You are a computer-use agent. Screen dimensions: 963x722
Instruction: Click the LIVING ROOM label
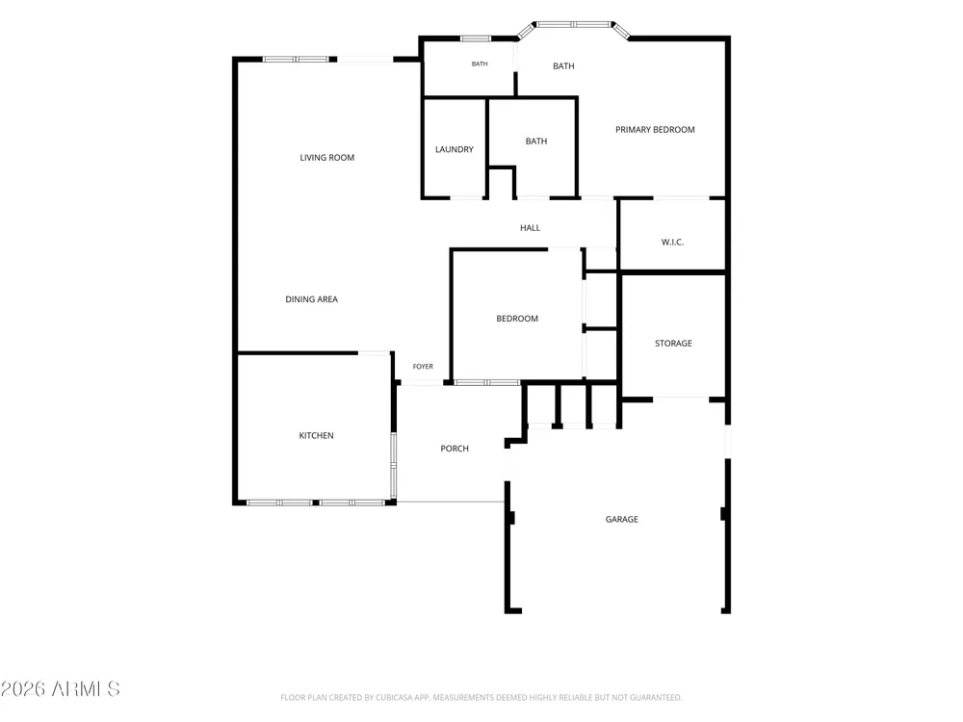326,158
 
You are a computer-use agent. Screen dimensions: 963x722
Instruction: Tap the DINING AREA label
311,299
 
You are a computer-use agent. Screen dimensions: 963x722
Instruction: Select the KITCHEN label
316,436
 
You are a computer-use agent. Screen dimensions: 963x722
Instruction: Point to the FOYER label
423,367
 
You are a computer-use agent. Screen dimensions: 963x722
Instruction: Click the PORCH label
455,449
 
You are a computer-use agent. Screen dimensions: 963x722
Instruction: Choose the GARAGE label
621,520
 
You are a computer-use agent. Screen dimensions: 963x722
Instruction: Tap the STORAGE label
673,344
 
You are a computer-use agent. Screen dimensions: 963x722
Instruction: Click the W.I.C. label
672,242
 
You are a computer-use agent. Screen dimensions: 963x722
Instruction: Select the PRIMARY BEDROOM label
655,130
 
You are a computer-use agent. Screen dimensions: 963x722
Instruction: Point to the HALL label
530,228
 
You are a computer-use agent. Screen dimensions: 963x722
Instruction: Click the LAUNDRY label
455,149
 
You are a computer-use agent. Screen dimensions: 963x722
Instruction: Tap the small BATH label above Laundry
480,64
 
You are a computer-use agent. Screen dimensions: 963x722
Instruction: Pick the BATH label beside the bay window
563,66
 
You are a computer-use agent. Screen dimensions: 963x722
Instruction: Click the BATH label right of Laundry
536,142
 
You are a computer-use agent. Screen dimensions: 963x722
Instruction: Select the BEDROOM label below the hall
517,319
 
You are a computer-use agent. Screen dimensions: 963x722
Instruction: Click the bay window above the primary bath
574,25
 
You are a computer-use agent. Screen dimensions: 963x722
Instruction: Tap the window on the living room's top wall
296,60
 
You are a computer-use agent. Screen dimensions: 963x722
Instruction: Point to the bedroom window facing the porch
487,382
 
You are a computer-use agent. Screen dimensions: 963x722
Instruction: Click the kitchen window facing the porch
393,465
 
